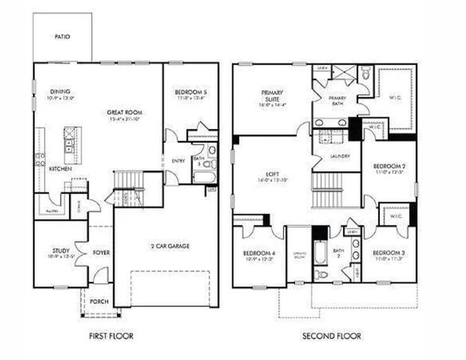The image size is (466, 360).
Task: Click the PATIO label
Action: pyautogui.click(x=62, y=35)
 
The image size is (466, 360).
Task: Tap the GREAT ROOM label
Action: pyautogui.click(x=124, y=112)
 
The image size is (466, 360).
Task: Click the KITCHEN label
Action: pyautogui.click(x=61, y=169)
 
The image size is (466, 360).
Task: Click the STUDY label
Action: pyautogui.click(x=61, y=251)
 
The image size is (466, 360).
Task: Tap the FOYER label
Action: pyautogui.click(x=101, y=253)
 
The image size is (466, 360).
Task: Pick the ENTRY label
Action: pyautogui.click(x=178, y=160)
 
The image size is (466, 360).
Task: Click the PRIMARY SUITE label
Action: pyautogui.click(x=271, y=95)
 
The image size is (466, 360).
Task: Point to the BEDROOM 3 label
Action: pyautogui.click(x=389, y=253)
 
